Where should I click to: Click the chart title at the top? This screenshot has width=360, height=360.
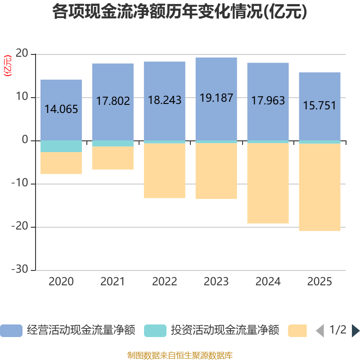pos(180,12)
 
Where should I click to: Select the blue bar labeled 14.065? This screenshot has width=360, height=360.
pos(61,90)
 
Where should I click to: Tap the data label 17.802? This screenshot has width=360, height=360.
pos(113,101)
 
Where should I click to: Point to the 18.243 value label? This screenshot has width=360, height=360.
pos(165,100)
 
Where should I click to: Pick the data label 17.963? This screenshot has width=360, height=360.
pos(268,100)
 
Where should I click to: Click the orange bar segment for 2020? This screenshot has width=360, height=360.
pos(61,163)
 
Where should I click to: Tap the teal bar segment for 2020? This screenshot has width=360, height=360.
pos(61,146)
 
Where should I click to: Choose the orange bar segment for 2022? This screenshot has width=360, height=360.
pos(165,171)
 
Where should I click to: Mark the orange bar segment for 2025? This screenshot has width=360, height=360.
pos(319,187)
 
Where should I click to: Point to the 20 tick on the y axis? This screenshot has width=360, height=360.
pos(21,54)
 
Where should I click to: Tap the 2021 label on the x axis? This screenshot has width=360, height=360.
pos(113,282)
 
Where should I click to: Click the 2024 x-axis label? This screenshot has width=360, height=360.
pos(268,282)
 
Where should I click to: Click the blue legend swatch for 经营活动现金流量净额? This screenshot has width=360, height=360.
pos(11,331)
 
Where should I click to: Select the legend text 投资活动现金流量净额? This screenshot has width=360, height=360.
pos(225,331)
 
